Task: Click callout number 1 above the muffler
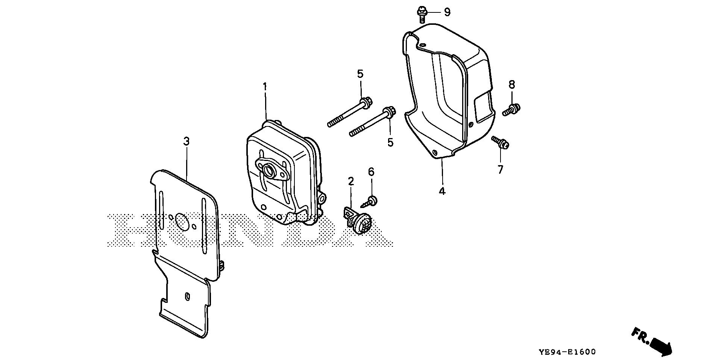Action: [x=265, y=87]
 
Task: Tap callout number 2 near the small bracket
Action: [x=351, y=182]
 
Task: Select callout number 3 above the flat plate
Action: [x=186, y=141]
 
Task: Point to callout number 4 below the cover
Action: [x=442, y=191]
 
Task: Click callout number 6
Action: [x=371, y=172]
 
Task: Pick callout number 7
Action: [x=500, y=170]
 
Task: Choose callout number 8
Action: [x=512, y=84]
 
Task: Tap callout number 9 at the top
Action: [x=447, y=12]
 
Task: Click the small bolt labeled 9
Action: [x=422, y=14]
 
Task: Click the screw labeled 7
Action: [x=501, y=143]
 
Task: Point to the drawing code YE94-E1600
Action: [x=567, y=352]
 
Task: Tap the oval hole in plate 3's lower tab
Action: [x=187, y=296]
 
